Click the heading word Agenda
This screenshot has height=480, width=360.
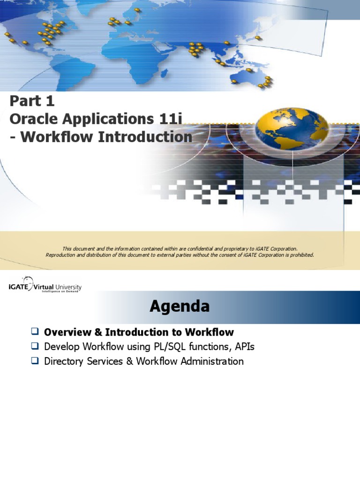[180, 307]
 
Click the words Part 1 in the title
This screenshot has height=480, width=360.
[32, 101]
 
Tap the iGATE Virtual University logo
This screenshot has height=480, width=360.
[45, 287]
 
